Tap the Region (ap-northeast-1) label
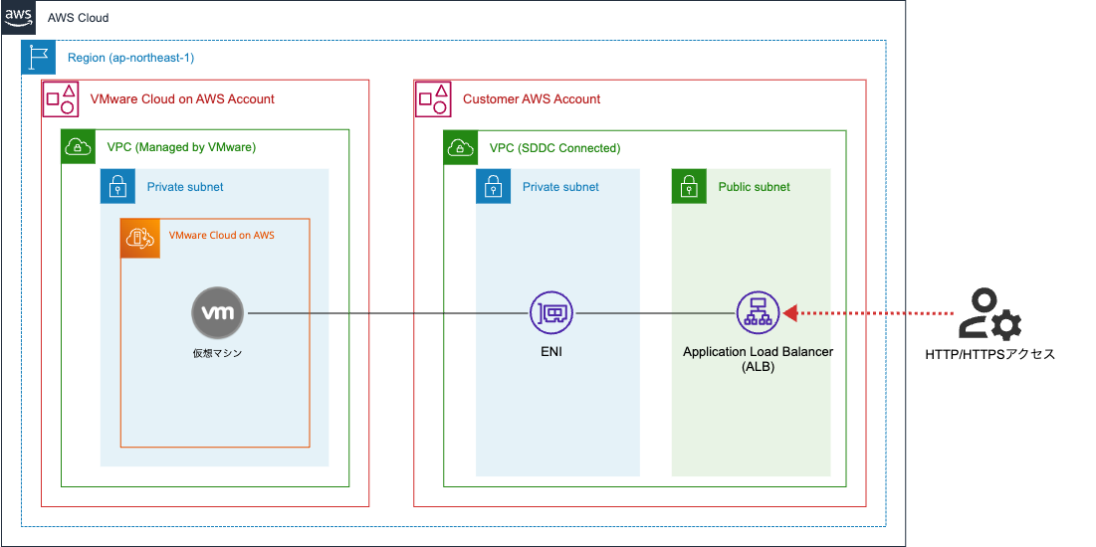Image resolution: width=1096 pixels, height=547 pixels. (130, 58)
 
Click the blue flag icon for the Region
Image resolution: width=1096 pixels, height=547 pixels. (39, 58)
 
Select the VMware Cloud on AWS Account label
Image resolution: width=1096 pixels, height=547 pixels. (182, 99)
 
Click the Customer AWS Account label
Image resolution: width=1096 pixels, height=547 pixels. (532, 99)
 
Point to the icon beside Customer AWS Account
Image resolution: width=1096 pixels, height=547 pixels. (432, 98)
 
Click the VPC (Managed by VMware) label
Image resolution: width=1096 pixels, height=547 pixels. (181, 147)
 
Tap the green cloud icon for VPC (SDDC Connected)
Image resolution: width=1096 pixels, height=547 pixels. (461, 147)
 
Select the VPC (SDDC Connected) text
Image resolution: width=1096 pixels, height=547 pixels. (554, 148)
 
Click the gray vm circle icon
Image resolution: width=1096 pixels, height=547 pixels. (218, 313)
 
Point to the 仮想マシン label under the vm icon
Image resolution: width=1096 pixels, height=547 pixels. (218, 352)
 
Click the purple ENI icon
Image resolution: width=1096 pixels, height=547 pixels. (550, 313)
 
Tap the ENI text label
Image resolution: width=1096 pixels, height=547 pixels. (550, 352)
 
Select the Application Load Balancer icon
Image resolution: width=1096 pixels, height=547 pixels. (758, 313)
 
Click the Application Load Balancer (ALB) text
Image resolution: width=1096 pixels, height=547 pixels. (758, 359)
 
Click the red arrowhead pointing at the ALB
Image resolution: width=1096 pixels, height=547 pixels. (790, 313)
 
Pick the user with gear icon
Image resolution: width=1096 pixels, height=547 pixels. (988, 314)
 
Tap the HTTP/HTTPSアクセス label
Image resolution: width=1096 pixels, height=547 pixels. (988, 354)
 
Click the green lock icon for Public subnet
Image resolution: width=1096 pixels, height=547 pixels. (690, 186)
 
